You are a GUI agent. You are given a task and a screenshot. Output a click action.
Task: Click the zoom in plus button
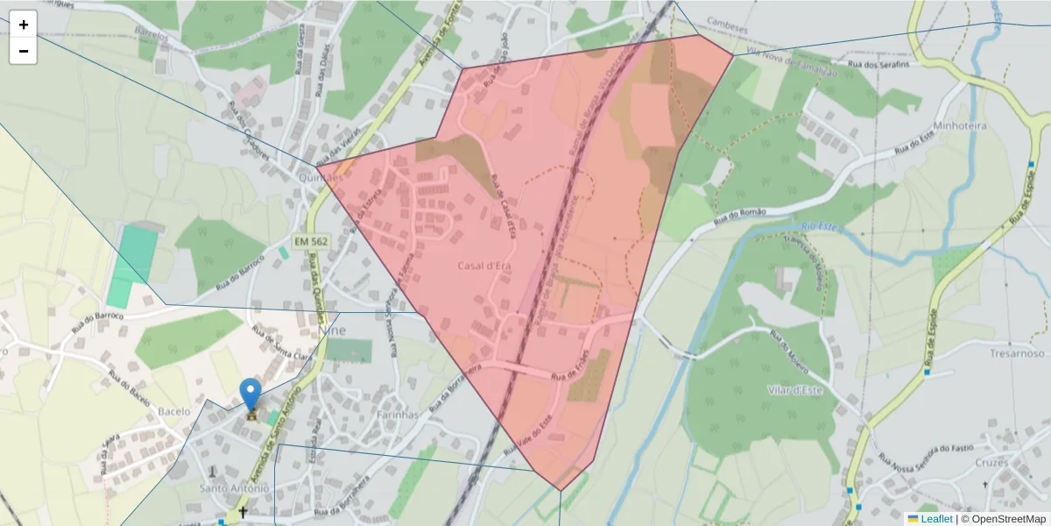click(23, 25)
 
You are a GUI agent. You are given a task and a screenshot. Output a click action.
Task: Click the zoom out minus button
click(23, 51)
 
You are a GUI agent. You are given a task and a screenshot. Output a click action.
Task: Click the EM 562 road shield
click(310, 241)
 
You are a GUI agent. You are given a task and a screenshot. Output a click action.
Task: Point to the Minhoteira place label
click(960, 126)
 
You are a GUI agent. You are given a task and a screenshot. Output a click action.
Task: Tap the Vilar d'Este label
click(795, 390)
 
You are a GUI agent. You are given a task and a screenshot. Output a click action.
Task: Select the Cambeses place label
click(727, 26)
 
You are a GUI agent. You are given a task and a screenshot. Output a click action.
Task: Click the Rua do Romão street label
click(740, 213)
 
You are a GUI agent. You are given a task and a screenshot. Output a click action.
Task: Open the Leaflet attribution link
click(935, 519)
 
